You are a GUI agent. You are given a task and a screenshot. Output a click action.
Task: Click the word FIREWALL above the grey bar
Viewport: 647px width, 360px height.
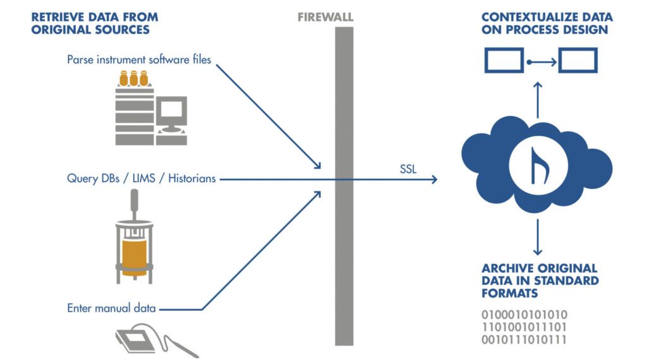pyautogui.click(x=325, y=18)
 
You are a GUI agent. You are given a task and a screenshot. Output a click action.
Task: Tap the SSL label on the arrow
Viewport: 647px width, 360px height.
pyautogui.click(x=408, y=169)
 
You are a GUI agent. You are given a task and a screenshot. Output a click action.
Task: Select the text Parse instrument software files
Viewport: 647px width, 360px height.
pyautogui.click(x=139, y=60)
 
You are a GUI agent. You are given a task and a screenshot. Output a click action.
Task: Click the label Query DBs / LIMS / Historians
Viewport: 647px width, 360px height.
pyautogui.click(x=142, y=179)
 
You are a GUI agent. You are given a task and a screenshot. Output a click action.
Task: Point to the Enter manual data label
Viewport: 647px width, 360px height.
pyautogui.click(x=112, y=309)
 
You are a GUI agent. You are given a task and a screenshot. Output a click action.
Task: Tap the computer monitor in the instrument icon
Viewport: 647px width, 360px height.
pyautogui.click(x=171, y=113)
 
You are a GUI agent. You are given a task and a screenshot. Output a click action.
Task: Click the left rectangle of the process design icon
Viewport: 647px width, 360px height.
pyautogui.click(x=504, y=61)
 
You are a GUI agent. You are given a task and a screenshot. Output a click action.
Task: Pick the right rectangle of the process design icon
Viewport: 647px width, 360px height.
pyautogui.click(x=577, y=61)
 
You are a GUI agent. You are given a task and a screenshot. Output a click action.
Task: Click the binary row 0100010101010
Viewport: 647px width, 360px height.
pyautogui.click(x=524, y=315)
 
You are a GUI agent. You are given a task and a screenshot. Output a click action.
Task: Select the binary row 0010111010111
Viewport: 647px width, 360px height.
pyautogui.click(x=524, y=340)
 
